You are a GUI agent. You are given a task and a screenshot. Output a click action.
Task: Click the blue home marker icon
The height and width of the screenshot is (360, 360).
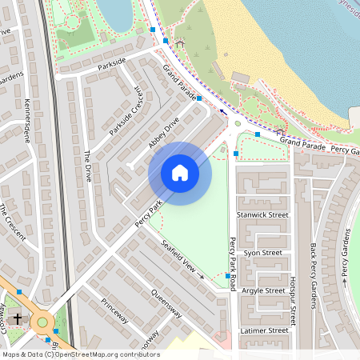pyautogui.click(x=180, y=173)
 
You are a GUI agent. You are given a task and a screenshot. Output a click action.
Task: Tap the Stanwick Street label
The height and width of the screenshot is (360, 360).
pyautogui.click(x=266, y=214)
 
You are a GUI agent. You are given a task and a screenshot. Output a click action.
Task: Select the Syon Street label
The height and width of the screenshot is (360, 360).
pyautogui.click(x=262, y=253)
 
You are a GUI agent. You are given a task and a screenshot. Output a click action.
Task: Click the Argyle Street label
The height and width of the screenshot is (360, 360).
pyautogui.click(x=264, y=290)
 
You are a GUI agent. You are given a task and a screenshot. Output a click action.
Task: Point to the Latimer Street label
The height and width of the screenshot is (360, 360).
pyautogui.click(x=264, y=330)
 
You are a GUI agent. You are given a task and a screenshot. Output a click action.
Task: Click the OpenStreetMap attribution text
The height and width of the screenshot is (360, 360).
pyautogui.click(x=81, y=354)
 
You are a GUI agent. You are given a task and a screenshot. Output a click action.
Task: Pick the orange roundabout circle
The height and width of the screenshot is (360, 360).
pyautogui.click(x=42, y=322)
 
